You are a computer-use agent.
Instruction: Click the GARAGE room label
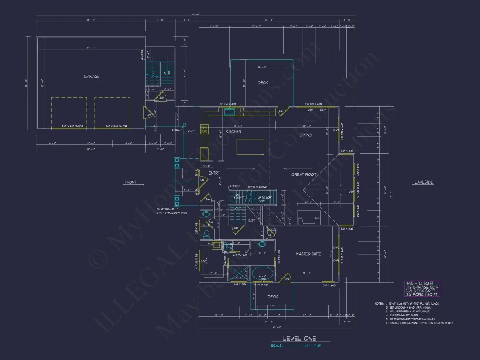(92, 76)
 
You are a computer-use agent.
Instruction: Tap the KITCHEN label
(233, 131)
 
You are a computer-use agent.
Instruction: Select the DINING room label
(305, 135)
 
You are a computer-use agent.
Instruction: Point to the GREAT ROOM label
(304, 175)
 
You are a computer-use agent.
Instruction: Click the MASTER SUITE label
(309, 254)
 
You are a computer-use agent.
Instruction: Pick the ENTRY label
(214, 173)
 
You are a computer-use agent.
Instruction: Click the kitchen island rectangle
(250, 147)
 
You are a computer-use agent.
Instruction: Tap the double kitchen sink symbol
(230, 112)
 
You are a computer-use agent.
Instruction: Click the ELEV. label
(251, 220)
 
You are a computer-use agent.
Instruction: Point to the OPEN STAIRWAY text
(258, 187)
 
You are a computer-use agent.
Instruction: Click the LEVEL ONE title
(299, 338)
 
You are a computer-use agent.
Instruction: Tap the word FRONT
(130, 182)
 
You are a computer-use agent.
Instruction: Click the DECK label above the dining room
(263, 83)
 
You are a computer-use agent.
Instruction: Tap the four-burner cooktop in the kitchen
(204, 129)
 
